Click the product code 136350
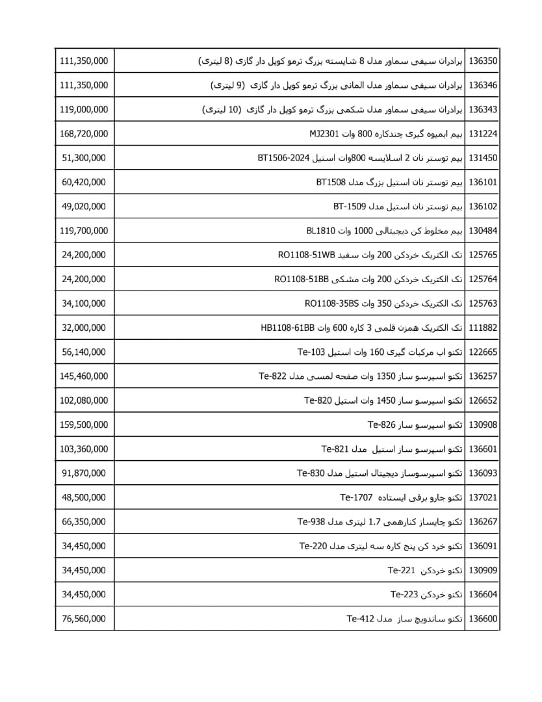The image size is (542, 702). pyautogui.click(x=483, y=61)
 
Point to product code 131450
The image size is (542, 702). pyautogui.click(x=483, y=158)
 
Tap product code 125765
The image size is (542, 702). pyautogui.click(x=483, y=255)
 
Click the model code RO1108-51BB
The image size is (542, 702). pyautogui.click(x=302, y=279)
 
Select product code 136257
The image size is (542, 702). pyautogui.click(x=483, y=376)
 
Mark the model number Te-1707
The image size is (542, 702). pyautogui.click(x=356, y=497)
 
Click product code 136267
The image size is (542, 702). pyautogui.click(x=483, y=522)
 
